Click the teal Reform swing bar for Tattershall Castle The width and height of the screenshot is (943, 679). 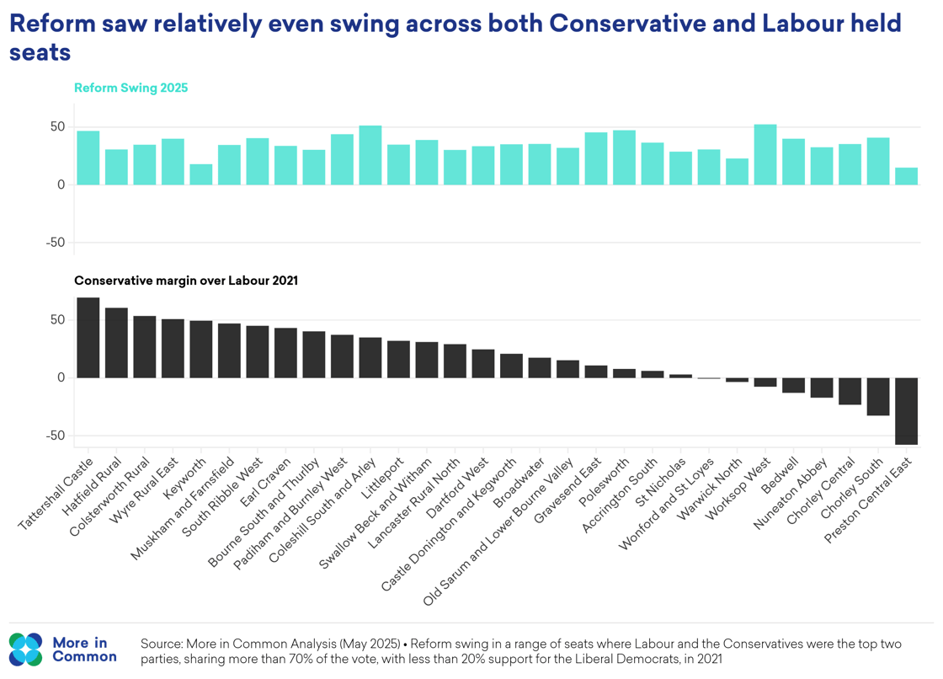(88, 158)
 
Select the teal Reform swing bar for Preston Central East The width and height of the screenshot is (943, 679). (907, 176)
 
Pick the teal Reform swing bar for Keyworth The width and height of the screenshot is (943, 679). (201, 174)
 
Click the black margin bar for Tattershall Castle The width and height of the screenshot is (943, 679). (88, 338)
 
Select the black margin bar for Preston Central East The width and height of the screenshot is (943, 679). (907, 411)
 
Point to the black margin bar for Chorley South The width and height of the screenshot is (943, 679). (878, 397)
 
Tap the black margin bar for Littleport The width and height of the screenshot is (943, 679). (398, 360)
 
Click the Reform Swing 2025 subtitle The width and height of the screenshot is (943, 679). (131, 88)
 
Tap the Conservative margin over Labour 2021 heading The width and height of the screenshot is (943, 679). (186, 281)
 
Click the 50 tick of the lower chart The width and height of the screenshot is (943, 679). (57, 320)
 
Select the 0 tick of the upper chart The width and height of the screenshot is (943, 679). (61, 184)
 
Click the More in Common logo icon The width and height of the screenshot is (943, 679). (25, 649)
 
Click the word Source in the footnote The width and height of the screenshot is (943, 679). (161, 644)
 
